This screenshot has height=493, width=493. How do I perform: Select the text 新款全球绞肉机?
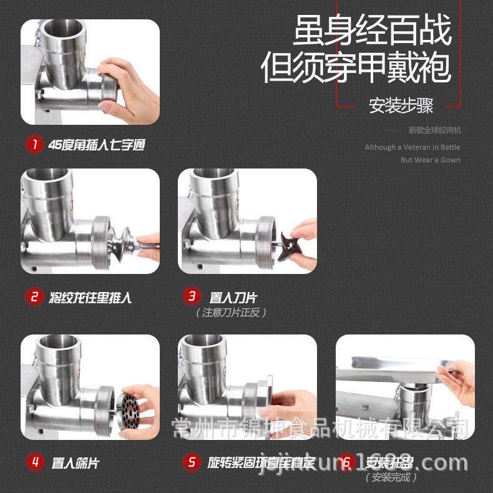tap(434, 130)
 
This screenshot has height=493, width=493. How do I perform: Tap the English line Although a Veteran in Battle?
tap(412, 147)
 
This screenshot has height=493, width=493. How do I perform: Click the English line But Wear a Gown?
tap(430, 160)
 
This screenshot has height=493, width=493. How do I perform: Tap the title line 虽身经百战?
tap(372, 31)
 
